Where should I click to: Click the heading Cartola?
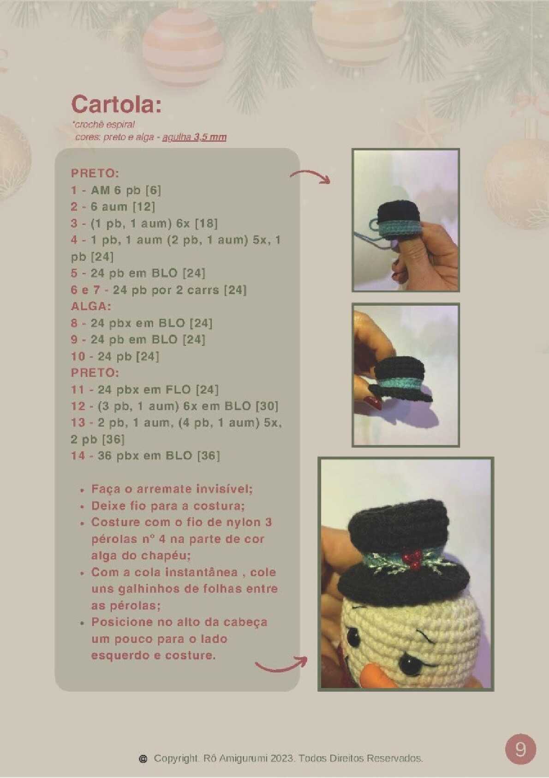click(x=116, y=103)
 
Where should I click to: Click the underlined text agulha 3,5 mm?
click(x=194, y=137)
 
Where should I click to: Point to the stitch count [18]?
click(x=206, y=223)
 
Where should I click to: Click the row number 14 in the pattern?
click(x=78, y=455)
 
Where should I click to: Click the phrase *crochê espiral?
click(x=103, y=124)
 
